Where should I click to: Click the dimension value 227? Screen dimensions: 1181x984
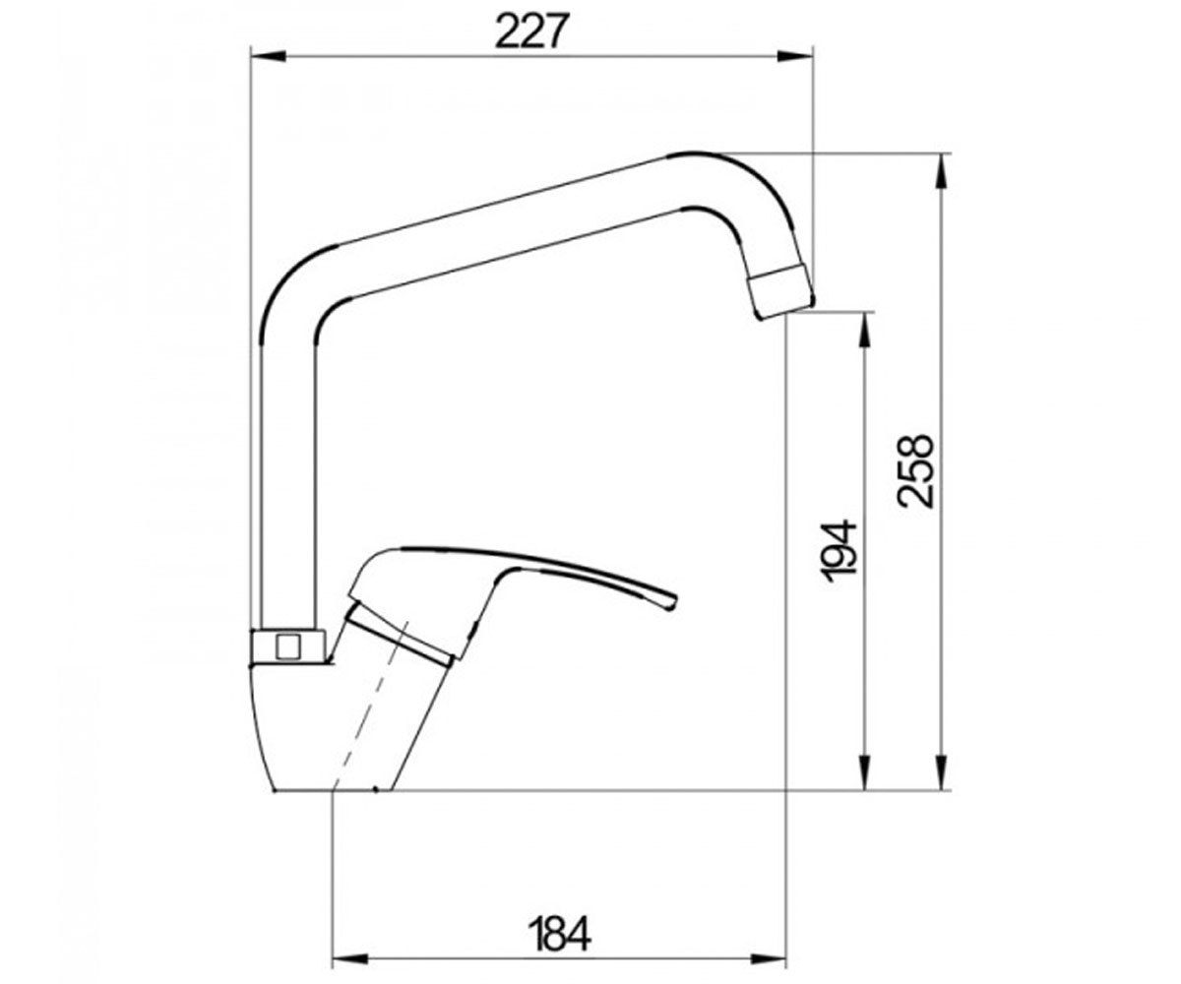click(x=530, y=31)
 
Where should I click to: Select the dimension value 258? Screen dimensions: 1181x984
click(x=914, y=470)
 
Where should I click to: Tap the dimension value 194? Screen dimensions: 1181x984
click(x=839, y=550)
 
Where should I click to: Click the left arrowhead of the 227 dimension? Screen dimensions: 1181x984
click(x=268, y=56)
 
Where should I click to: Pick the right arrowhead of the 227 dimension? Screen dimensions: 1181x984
click(x=794, y=56)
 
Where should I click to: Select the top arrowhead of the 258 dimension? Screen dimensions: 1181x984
click(x=941, y=171)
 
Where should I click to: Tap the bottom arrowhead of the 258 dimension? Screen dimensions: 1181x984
click(x=941, y=771)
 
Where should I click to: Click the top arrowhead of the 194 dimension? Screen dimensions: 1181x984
click(x=864, y=331)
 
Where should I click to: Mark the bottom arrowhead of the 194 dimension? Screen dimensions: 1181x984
click(x=864, y=771)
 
